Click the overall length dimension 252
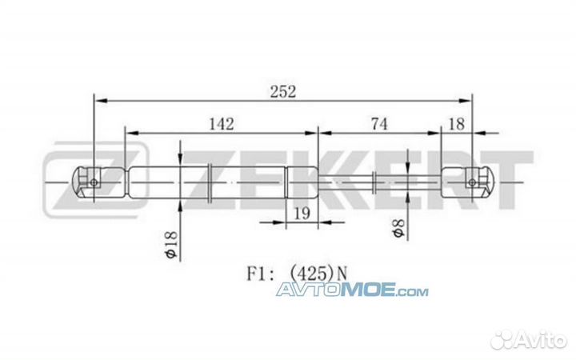[282, 90]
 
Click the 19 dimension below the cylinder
[302, 213]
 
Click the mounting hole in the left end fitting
[94, 182]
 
